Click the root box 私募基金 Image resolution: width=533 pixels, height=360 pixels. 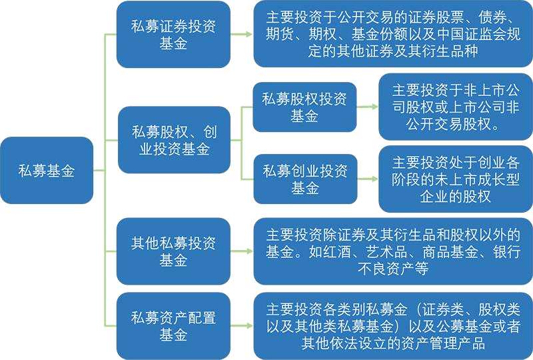click(47, 171)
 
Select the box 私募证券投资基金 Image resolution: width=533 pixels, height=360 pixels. click(173, 34)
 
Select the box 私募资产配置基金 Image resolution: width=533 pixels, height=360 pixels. click(173, 326)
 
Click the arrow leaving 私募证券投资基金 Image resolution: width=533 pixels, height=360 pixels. click(242, 34)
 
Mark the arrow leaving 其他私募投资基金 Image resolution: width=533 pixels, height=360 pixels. click(242, 251)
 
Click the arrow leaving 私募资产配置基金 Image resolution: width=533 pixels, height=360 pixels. click(242, 326)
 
